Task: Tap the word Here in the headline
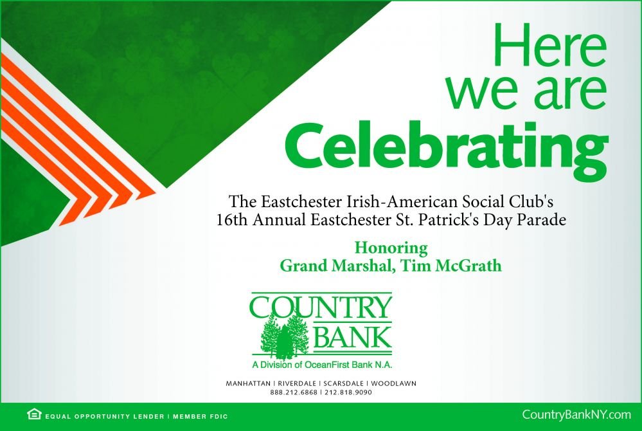tap(549, 45)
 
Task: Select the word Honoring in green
tap(391, 248)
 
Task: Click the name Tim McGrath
tap(450, 266)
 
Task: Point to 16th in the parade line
tap(232, 220)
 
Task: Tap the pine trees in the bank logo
tap(284, 335)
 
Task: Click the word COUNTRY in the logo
tap(321, 306)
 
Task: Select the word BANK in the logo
tap(352, 336)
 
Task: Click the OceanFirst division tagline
tap(322, 365)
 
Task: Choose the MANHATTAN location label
tap(248, 383)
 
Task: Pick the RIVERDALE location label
tap(297, 383)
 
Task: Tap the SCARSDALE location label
tap(344, 383)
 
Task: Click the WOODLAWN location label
tap(393, 383)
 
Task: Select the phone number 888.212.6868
tap(294, 392)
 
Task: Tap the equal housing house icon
tap(34, 414)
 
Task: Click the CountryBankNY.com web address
tap(576, 415)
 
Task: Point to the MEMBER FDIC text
tap(201, 417)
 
